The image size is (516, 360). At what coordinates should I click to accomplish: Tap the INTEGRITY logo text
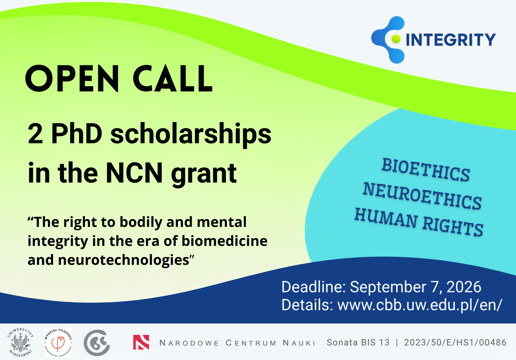click(451, 40)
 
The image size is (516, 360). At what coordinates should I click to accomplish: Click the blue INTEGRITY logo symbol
click(388, 40)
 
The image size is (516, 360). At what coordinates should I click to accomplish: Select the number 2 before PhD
click(35, 134)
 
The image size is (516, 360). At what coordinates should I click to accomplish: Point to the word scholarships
click(191, 135)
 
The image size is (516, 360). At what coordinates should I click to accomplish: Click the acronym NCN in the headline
click(134, 173)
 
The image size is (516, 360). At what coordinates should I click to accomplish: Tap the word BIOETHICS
click(426, 170)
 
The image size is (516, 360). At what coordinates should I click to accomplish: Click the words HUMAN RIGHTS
click(419, 222)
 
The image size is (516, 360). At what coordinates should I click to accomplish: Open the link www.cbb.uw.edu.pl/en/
click(420, 305)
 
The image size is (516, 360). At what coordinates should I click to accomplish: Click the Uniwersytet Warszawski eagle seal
click(21, 342)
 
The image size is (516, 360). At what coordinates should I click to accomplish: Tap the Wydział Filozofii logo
click(58, 343)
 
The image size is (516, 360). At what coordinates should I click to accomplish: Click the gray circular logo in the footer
click(97, 343)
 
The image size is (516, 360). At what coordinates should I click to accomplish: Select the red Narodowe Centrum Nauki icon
click(141, 342)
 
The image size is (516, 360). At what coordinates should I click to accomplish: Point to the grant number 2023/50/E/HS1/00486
click(455, 342)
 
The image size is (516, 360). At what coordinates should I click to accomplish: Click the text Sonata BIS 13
click(358, 342)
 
